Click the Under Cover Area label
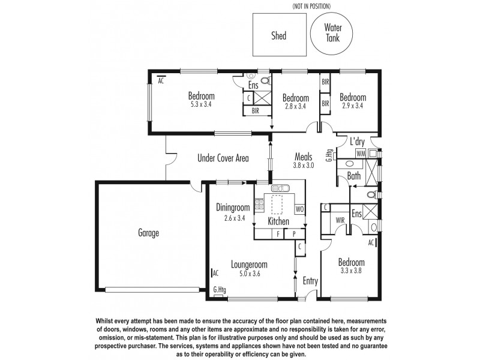[x=223, y=158]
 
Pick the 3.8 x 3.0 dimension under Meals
[x=304, y=165]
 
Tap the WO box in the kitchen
[x=299, y=209]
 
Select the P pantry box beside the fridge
[x=295, y=235]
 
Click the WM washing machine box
[x=360, y=154]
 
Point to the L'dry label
[x=358, y=142]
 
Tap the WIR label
[x=340, y=220]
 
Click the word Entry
[x=310, y=281]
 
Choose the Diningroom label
[x=232, y=208]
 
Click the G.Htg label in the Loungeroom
[x=220, y=290]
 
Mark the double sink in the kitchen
[x=280, y=188]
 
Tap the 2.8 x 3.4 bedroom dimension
[x=296, y=107]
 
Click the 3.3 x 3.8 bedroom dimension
[x=351, y=271]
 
